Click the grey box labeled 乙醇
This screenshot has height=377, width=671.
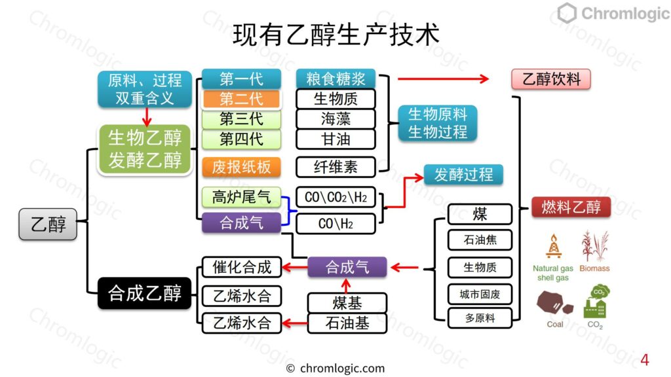48,224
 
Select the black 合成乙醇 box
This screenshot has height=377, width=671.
145,293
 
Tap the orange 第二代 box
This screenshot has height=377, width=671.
241,99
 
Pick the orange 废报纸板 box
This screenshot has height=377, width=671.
241,167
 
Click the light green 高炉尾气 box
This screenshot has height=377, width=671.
241,197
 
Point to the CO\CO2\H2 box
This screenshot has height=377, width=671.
336,197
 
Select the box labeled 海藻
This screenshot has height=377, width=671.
336,119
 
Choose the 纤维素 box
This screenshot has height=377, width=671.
336,167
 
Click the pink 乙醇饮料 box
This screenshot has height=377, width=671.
551,79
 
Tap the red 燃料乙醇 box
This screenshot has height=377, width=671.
571,207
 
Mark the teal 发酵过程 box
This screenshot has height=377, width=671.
463,175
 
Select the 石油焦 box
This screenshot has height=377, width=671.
480,240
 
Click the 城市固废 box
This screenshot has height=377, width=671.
480,295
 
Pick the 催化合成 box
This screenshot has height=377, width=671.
242,268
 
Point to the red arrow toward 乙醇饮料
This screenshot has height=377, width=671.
444,79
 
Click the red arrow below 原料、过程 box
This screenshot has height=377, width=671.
147,117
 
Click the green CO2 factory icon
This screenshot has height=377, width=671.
596,302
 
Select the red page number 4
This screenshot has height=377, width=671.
645,359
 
